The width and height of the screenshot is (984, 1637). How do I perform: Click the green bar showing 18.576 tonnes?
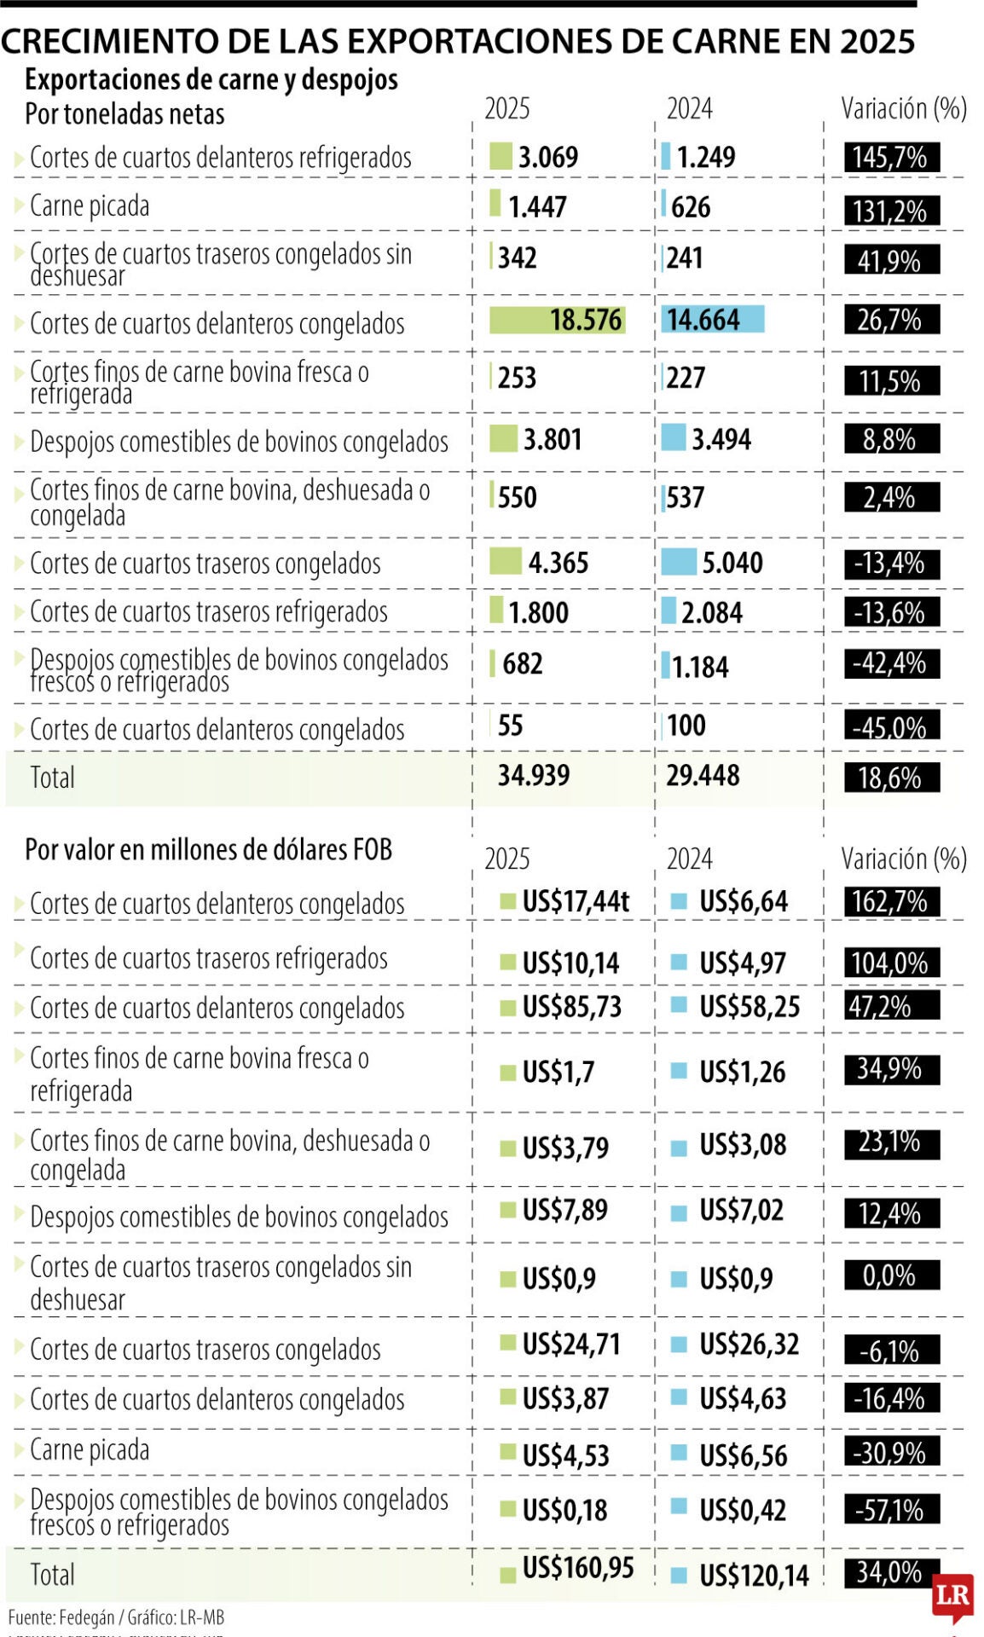pos(557,320)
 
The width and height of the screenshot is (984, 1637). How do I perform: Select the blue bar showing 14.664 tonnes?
pos(713,319)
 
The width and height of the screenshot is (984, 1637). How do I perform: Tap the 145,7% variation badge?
pos(891,157)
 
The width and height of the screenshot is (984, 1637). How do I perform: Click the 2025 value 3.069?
pos(547,157)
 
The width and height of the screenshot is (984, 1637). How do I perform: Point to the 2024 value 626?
pos(690,206)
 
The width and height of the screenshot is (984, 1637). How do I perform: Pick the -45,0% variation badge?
pos(891,726)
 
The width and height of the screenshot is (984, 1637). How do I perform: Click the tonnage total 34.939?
pos(534,775)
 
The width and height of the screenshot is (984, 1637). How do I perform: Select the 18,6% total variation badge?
pos(891,778)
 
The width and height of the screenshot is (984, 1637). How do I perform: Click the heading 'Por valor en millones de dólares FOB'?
pos(208,849)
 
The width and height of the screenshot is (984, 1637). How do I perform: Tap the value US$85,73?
pos(571,1006)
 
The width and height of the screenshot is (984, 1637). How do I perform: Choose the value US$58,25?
pos(749,1006)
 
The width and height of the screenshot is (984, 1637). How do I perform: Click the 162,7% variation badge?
pos(891,901)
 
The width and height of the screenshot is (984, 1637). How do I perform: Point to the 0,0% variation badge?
pos(891,1275)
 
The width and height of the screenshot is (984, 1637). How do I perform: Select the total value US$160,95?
pos(577,1567)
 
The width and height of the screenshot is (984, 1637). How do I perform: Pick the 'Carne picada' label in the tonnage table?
pos(90,205)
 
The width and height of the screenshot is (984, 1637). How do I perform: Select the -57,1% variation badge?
pos(891,1509)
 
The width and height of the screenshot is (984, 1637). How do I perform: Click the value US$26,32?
pos(749,1344)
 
